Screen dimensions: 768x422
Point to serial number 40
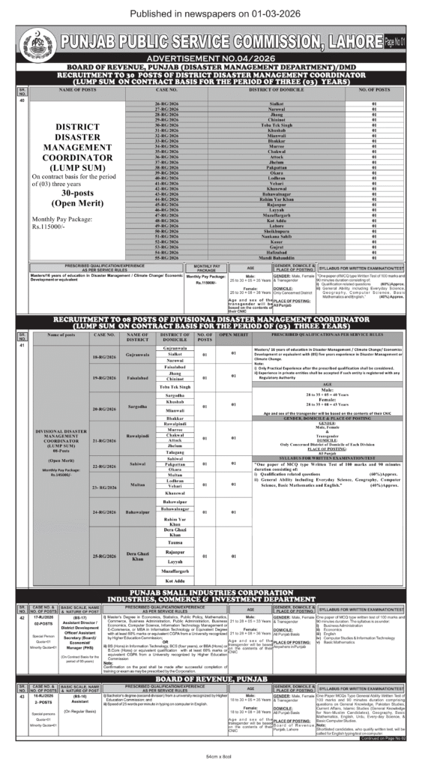point(22,100)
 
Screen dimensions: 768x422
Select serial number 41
point(22,345)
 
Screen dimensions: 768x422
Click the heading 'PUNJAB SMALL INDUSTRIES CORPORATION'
point(211,592)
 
